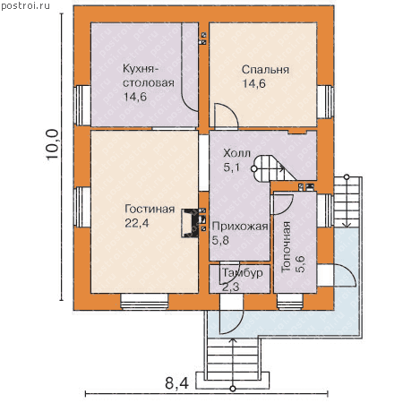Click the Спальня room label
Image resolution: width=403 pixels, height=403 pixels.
tap(265, 70)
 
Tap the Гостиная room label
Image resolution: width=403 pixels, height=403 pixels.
tap(150, 209)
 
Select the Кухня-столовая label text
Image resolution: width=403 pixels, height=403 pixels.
tap(149, 76)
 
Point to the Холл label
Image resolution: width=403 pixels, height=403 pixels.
tap(236, 153)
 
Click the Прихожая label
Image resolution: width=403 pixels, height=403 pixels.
tap(240, 227)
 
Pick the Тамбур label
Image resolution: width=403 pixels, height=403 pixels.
tap(243, 273)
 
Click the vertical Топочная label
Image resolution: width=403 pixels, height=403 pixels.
tap(286, 246)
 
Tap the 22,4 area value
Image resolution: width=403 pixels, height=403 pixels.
tap(137, 223)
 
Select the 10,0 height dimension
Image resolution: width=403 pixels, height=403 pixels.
tap(52, 145)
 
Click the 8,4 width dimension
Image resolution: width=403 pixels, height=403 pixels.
tap(176, 383)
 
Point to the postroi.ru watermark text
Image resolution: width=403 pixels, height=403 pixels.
tap(25, 5)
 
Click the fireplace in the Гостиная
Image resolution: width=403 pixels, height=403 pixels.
tap(190, 223)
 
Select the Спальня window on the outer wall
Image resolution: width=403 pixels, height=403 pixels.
tap(325, 102)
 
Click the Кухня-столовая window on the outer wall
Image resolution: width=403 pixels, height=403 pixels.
tap(82, 106)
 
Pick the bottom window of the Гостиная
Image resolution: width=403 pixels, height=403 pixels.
tap(144, 302)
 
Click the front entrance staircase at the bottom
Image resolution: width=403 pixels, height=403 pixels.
tap(233, 362)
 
